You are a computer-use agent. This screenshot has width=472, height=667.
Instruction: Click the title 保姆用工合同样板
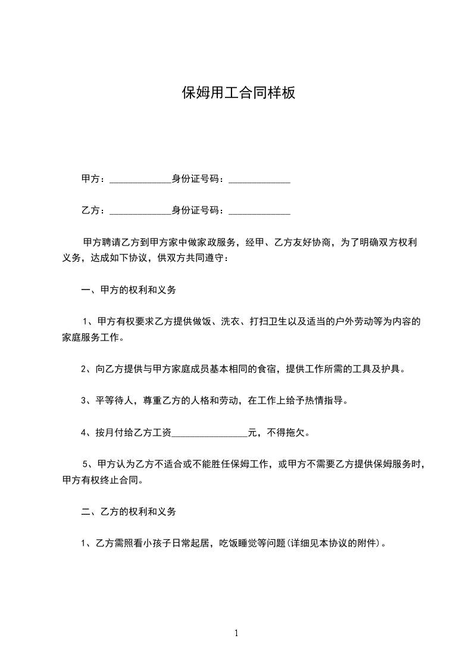pyautogui.click(x=238, y=93)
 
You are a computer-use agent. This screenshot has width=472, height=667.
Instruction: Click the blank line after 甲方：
pyautogui.click(x=140, y=179)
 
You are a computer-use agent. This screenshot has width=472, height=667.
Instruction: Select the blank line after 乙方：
pyautogui.click(x=140, y=210)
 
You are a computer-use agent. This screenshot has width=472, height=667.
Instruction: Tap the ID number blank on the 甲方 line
pyautogui.click(x=260, y=179)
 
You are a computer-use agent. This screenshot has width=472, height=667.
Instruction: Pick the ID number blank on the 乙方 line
pyautogui.click(x=260, y=210)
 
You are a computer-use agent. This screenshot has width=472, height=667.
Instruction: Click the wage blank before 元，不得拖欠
pyautogui.click(x=210, y=433)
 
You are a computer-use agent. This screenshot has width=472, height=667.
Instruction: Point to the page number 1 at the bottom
pyautogui.click(x=236, y=633)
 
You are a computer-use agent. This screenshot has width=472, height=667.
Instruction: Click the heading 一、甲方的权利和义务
pyautogui.click(x=129, y=291)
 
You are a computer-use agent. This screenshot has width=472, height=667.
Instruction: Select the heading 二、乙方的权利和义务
pyautogui.click(x=129, y=511)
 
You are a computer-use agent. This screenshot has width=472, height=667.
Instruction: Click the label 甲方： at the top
pyautogui.click(x=93, y=178)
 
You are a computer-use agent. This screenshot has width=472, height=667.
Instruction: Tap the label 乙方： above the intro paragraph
pyautogui.click(x=93, y=210)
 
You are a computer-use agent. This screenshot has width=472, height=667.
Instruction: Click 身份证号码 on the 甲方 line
pyautogui.click(x=198, y=178)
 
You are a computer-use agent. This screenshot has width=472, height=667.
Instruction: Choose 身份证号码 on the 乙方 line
pyautogui.click(x=198, y=210)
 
